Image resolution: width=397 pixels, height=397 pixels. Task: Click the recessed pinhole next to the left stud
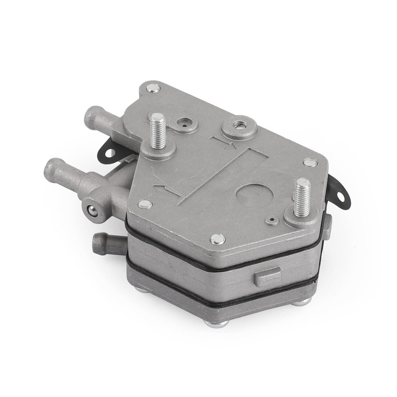(183, 123)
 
